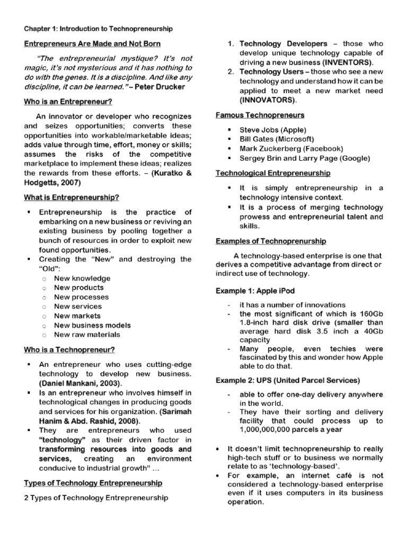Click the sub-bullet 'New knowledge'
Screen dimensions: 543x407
(x=82, y=278)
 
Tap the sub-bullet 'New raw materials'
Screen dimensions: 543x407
(x=87, y=335)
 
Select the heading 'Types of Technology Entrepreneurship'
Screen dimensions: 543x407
(x=93, y=483)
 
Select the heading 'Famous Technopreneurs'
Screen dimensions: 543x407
(x=260, y=115)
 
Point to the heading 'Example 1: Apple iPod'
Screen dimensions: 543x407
(x=255, y=291)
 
